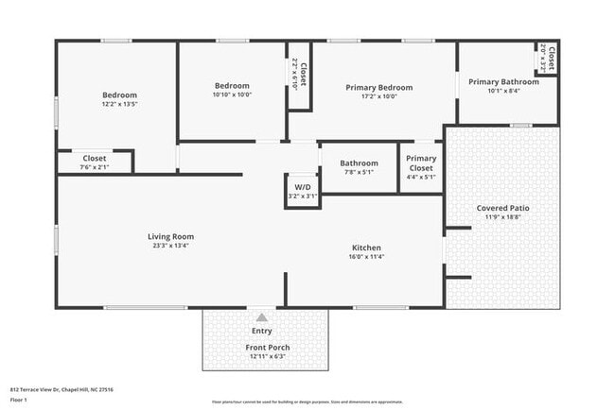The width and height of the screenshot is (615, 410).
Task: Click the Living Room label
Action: pyautogui.click(x=170, y=236)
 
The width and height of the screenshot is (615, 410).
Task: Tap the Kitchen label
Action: pyautogui.click(x=365, y=247)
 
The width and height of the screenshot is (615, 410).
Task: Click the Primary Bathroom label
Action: pyautogui.click(x=503, y=81)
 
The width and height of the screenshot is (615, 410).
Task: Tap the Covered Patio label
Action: pyautogui.click(x=503, y=208)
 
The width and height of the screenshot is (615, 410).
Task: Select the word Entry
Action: pyautogui.click(x=262, y=331)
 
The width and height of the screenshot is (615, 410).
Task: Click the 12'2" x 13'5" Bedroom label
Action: pyautogui.click(x=119, y=94)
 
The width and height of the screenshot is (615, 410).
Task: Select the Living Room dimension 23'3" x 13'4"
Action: pyautogui.click(x=170, y=246)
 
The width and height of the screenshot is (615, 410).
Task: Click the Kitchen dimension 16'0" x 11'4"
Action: pyautogui.click(x=365, y=256)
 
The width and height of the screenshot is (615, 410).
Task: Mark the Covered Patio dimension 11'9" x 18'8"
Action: pyautogui.click(x=503, y=217)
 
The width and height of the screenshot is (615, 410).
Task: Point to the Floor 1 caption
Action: pyautogui.click(x=19, y=400)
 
